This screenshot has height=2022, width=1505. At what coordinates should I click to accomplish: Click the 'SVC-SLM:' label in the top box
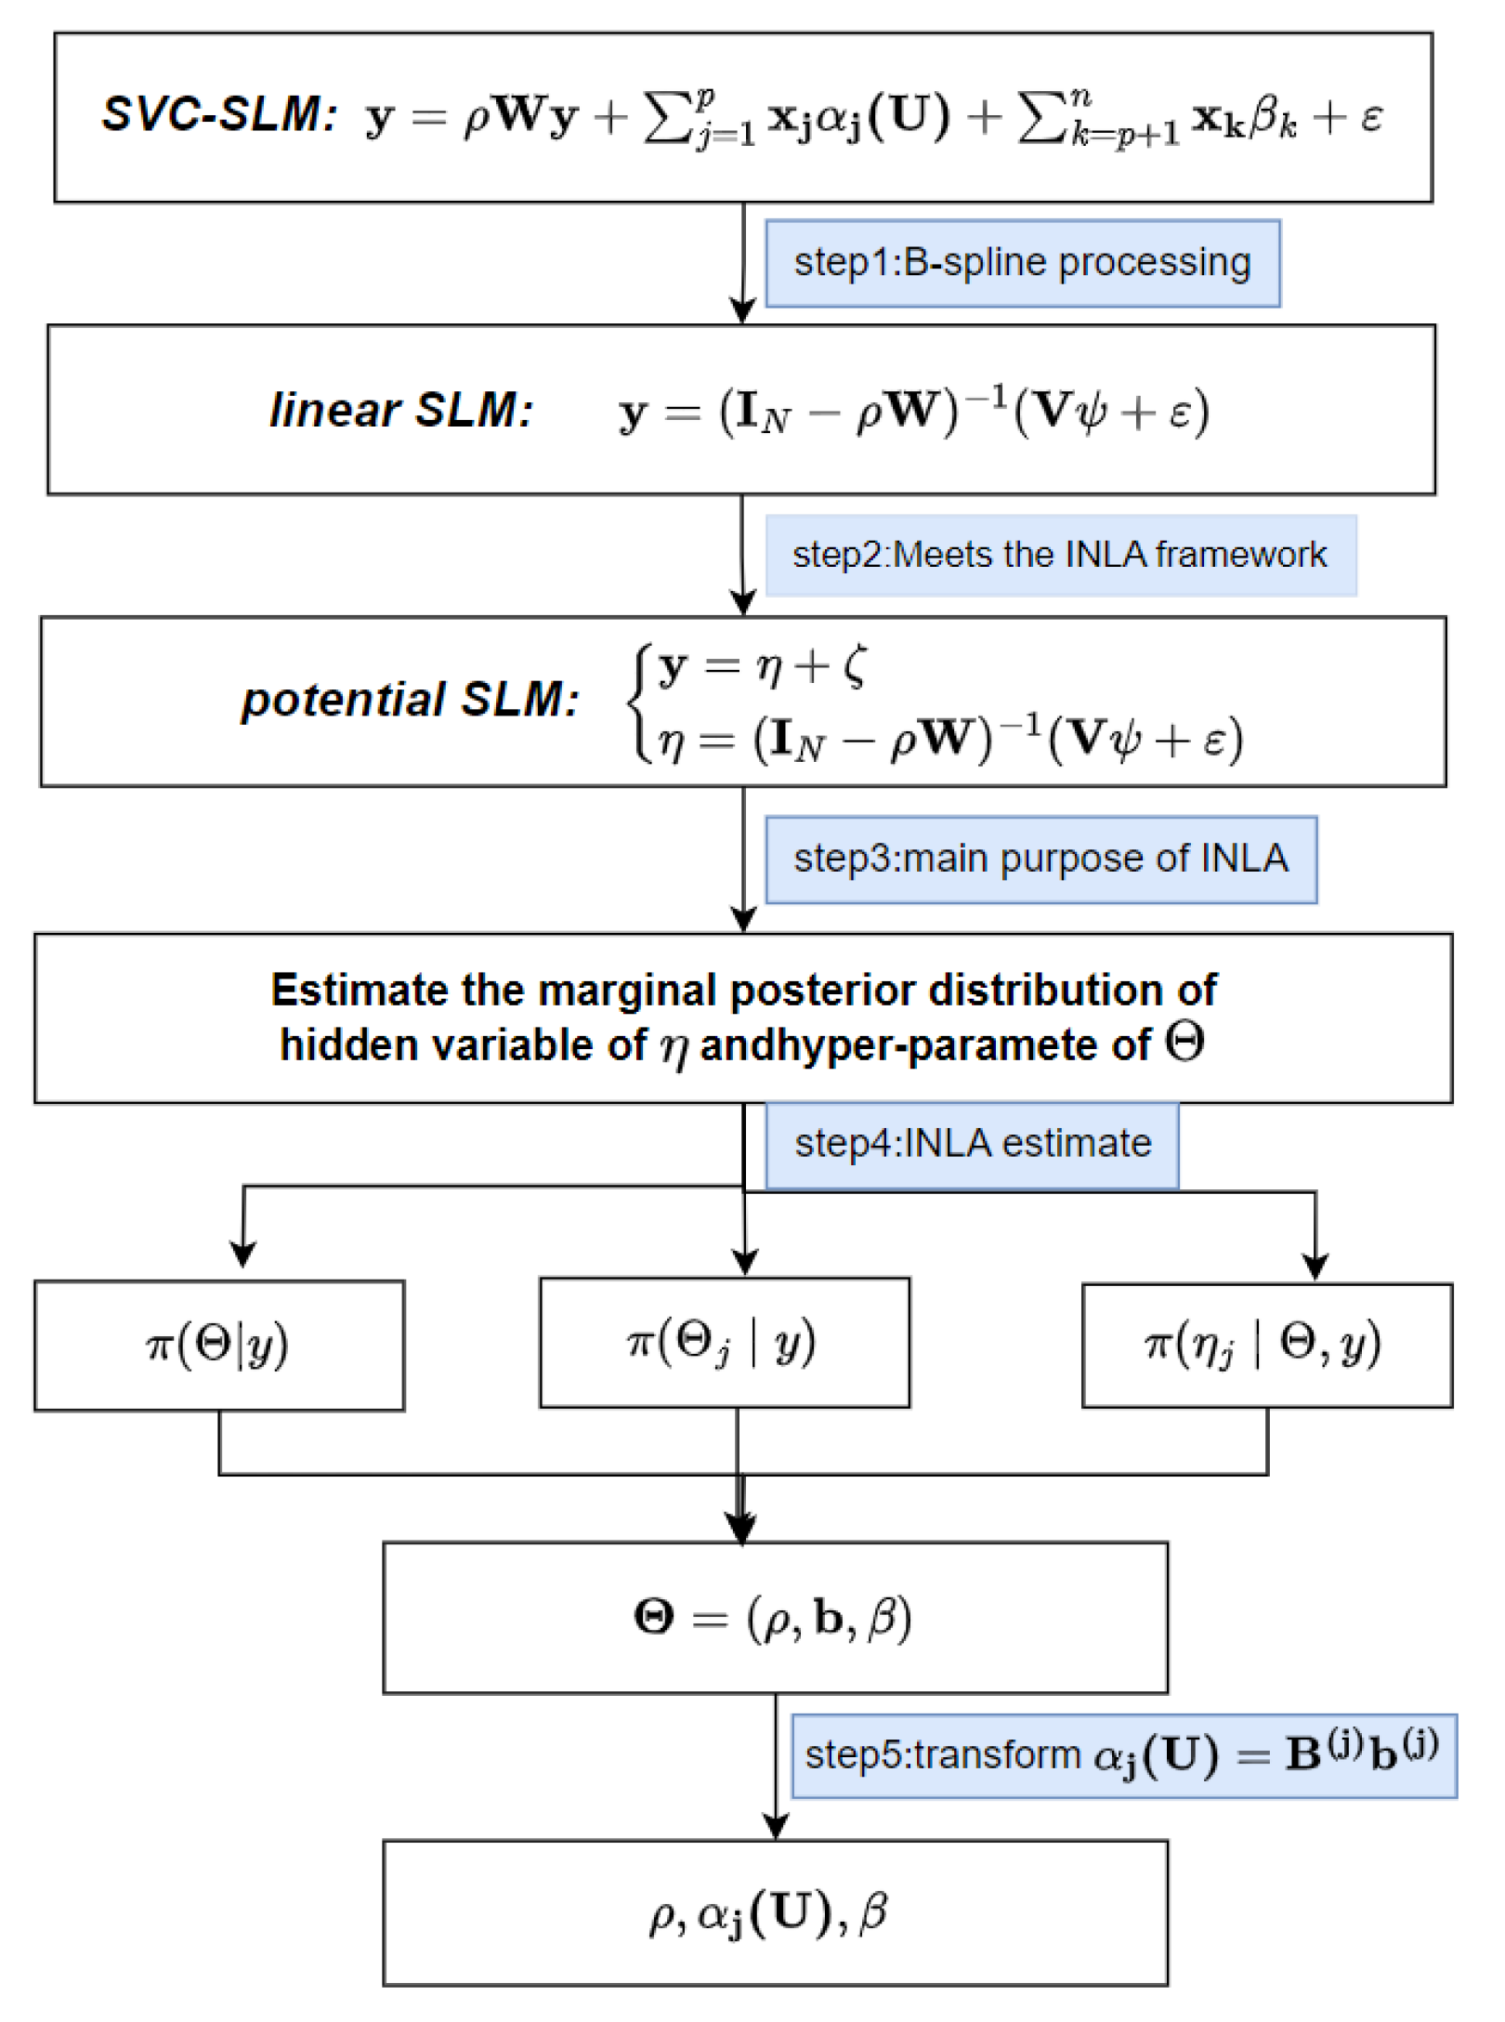tap(219, 115)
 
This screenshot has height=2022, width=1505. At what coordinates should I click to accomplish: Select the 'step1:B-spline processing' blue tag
tap(1022, 263)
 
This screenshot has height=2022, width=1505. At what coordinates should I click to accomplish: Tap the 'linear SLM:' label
tap(401, 410)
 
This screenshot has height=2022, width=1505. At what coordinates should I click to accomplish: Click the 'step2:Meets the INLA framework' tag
tap(1060, 555)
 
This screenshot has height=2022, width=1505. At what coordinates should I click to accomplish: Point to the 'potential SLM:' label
tap(410, 700)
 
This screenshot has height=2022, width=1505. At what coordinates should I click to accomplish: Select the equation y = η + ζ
tap(762, 666)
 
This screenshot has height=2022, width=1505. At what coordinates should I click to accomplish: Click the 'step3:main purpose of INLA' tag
tap(1040, 859)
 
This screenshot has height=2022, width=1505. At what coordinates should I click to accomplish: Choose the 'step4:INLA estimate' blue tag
tap(972, 1144)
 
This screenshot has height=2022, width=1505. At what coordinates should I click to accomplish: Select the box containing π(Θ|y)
tap(219, 1345)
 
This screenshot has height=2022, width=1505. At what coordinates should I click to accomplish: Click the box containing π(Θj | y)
tap(724, 1342)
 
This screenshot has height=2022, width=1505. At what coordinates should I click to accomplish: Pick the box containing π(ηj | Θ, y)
tap(1266, 1345)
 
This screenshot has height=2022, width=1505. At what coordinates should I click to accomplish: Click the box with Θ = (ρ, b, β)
tap(774, 1618)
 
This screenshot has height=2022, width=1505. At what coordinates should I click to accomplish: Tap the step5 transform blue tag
tap(1122, 1755)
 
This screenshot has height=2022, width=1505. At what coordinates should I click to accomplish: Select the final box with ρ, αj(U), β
tap(774, 1913)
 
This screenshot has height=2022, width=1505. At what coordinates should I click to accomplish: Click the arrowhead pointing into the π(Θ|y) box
tap(243, 1255)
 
